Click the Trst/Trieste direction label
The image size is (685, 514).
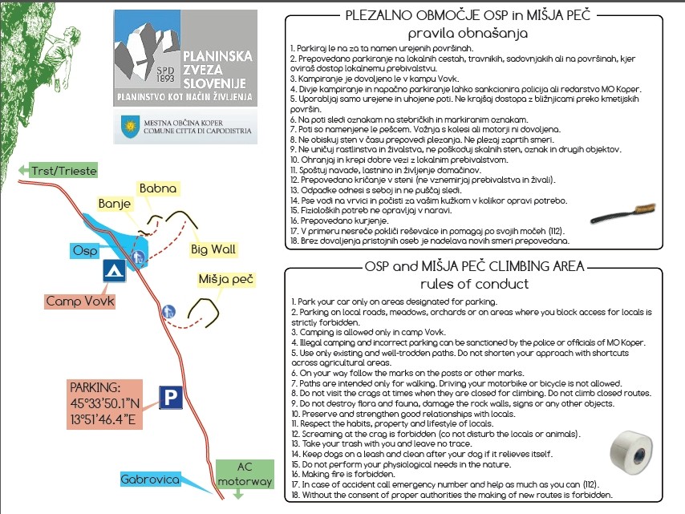(64, 170)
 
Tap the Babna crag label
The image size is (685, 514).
(157, 188)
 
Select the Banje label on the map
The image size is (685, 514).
(114, 204)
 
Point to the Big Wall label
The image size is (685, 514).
(213, 249)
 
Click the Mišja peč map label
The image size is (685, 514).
(225, 280)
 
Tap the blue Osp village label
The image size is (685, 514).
(84, 250)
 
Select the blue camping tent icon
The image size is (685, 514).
(114, 270)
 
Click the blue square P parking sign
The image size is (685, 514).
(169, 397)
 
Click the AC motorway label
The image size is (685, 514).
(245, 472)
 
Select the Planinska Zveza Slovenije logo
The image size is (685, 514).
(185, 59)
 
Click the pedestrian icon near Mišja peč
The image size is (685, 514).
(168, 311)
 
